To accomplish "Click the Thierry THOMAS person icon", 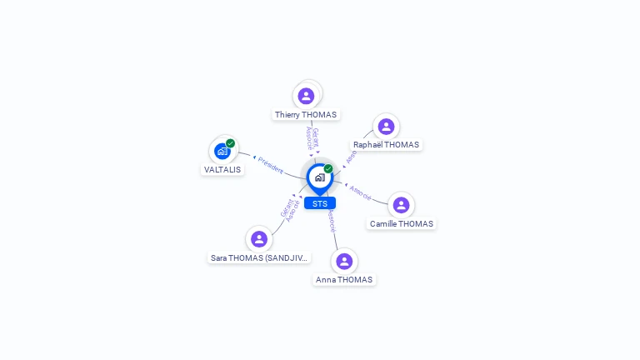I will [x=306, y=96].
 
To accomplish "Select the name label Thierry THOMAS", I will [x=306, y=115].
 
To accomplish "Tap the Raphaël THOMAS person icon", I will [x=386, y=127].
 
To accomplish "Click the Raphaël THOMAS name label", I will [x=387, y=145].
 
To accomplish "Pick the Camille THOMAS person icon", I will [x=401, y=205].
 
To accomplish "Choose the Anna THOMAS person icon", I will [x=344, y=262].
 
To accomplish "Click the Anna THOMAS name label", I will [x=344, y=280].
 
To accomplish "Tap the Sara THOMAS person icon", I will [x=259, y=239].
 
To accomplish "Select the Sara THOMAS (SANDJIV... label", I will [x=260, y=258].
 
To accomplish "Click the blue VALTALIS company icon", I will [x=222, y=151].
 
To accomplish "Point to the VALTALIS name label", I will [x=222, y=170].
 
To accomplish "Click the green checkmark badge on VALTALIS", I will [x=231, y=143].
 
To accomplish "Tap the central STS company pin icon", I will [x=319, y=177].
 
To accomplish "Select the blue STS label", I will [x=320, y=203].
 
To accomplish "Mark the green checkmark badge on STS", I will [x=328, y=169].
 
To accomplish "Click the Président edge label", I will [x=270, y=164].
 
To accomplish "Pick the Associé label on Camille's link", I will [x=360, y=192].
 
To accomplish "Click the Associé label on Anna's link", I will [x=331, y=219].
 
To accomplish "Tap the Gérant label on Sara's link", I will [x=286, y=208].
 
